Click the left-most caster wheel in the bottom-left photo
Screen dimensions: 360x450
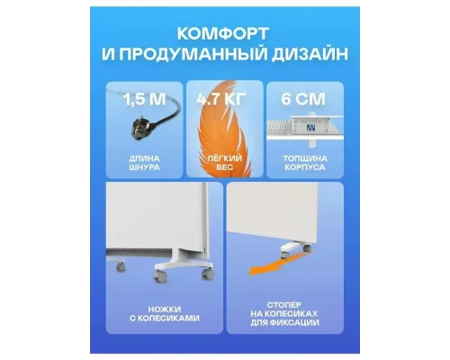[x=158, y=272]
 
